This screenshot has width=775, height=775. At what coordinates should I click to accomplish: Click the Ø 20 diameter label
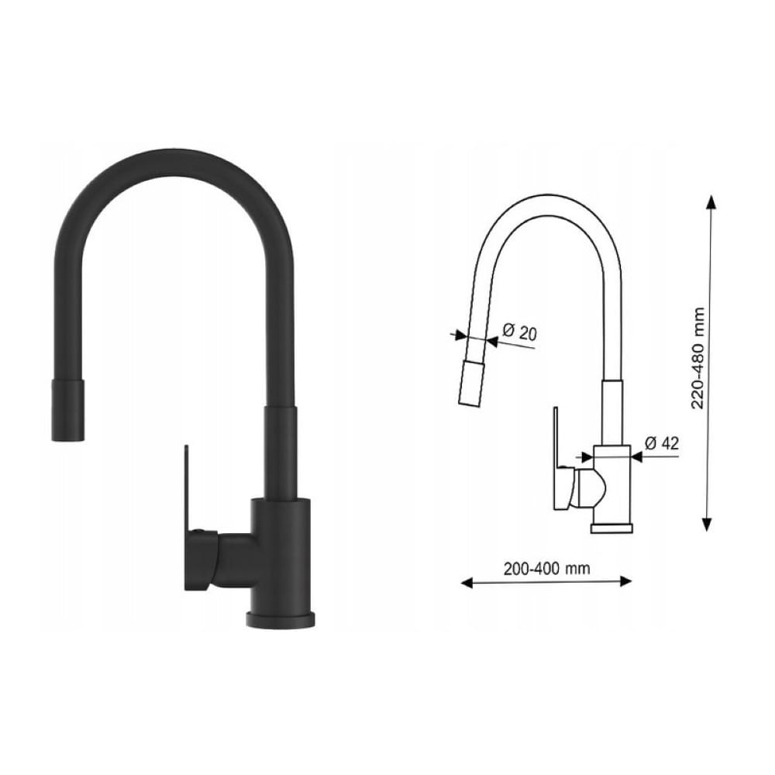(x=519, y=332)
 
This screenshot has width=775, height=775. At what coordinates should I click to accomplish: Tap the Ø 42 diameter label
(x=662, y=443)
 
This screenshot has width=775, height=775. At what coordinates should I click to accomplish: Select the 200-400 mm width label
(x=546, y=568)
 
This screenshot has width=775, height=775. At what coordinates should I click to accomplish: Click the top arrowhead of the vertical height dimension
(x=711, y=201)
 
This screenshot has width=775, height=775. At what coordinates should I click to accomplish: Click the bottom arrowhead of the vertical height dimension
(x=708, y=524)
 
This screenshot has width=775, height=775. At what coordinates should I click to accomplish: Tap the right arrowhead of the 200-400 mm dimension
(x=625, y=581)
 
